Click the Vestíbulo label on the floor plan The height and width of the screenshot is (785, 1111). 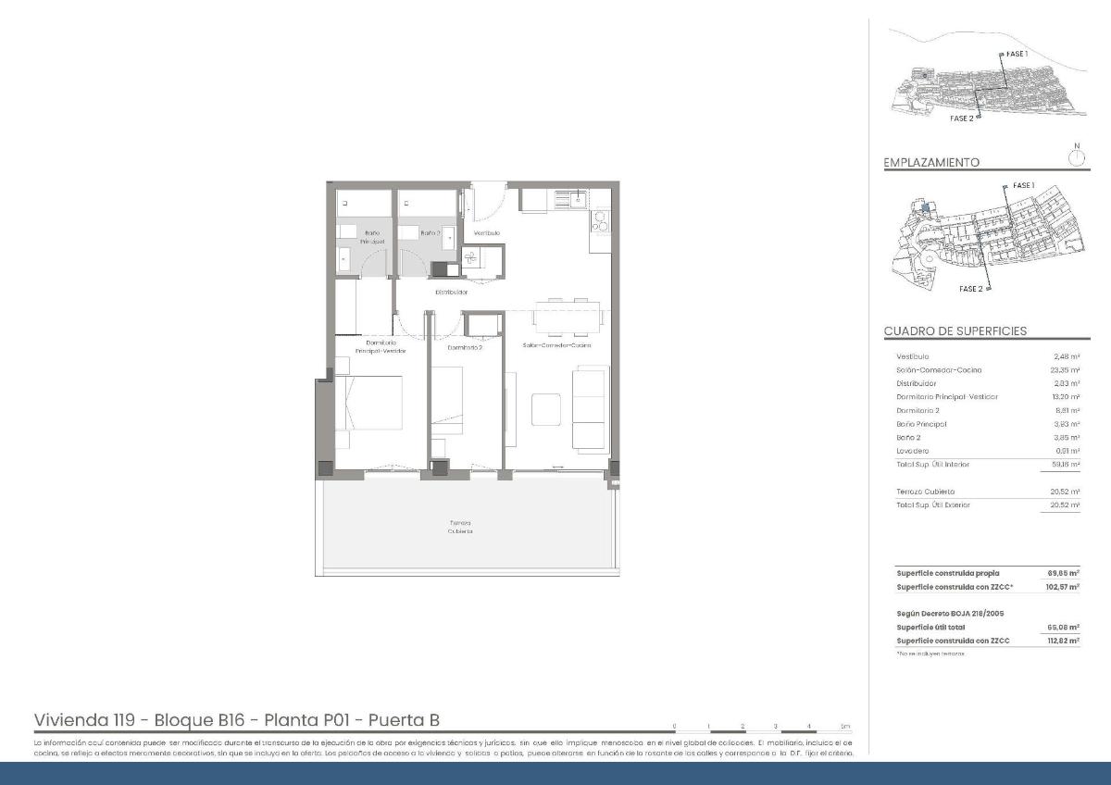pyautogui.click(x=487, y=233)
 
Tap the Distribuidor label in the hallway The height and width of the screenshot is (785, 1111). pyautogui.click(x=452, y=293)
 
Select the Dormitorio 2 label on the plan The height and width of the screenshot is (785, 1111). pyautogui.click(x=465, y=348)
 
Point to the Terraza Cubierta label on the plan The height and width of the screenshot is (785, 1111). pyautogui.click(x=460, y=527)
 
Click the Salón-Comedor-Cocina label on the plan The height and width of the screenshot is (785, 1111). pyautogui.click(x=556, y=345)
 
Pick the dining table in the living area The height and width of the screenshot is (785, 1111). pyautogui.click(x=567, y=314)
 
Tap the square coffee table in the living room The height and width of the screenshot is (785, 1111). pyautogui.click(x=545, y=408)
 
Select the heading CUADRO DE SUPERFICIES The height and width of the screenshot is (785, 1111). pyautogui.click(x=955, y=331)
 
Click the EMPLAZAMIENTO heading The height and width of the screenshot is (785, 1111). pyautogui.click(x=931, y=163)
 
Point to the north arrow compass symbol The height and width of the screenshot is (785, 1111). pyautogui.click(x=1076, y=156)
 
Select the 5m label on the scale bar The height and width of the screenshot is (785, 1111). pyautogui.click(x=844, y=726)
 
